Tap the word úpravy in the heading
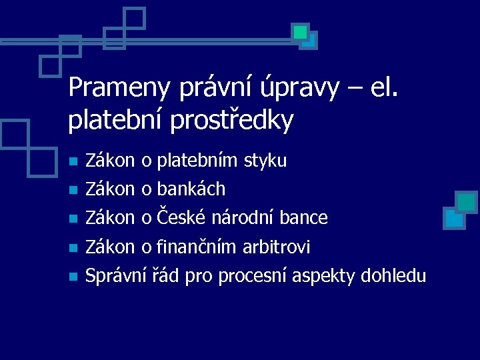coord(304,89)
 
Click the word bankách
coord(192,189)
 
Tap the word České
coord(181,217)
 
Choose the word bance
coord(304,218)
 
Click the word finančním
coord(197,247)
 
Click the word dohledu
coord(393,275)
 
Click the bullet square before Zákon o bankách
coord(74,190)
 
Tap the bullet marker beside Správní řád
coord(74,276)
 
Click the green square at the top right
coord(301,31)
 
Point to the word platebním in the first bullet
coord(198,161)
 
